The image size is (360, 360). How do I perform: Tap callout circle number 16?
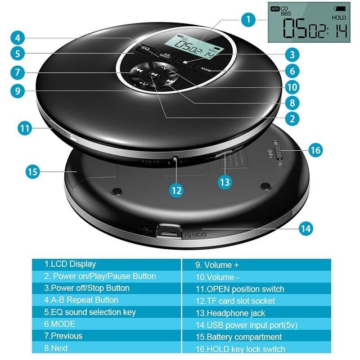click(x=316, y=150)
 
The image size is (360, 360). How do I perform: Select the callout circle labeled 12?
click(x=176, y=190)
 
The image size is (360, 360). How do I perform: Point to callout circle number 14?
click(x=306, y=228)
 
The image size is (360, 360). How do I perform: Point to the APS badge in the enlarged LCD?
click(x=274, y=9)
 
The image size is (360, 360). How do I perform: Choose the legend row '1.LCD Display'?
click(x=106, y=264)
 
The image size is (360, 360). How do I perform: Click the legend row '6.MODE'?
click(x=106, y=324)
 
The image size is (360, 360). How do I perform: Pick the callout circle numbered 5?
click(x=17, y=54)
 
